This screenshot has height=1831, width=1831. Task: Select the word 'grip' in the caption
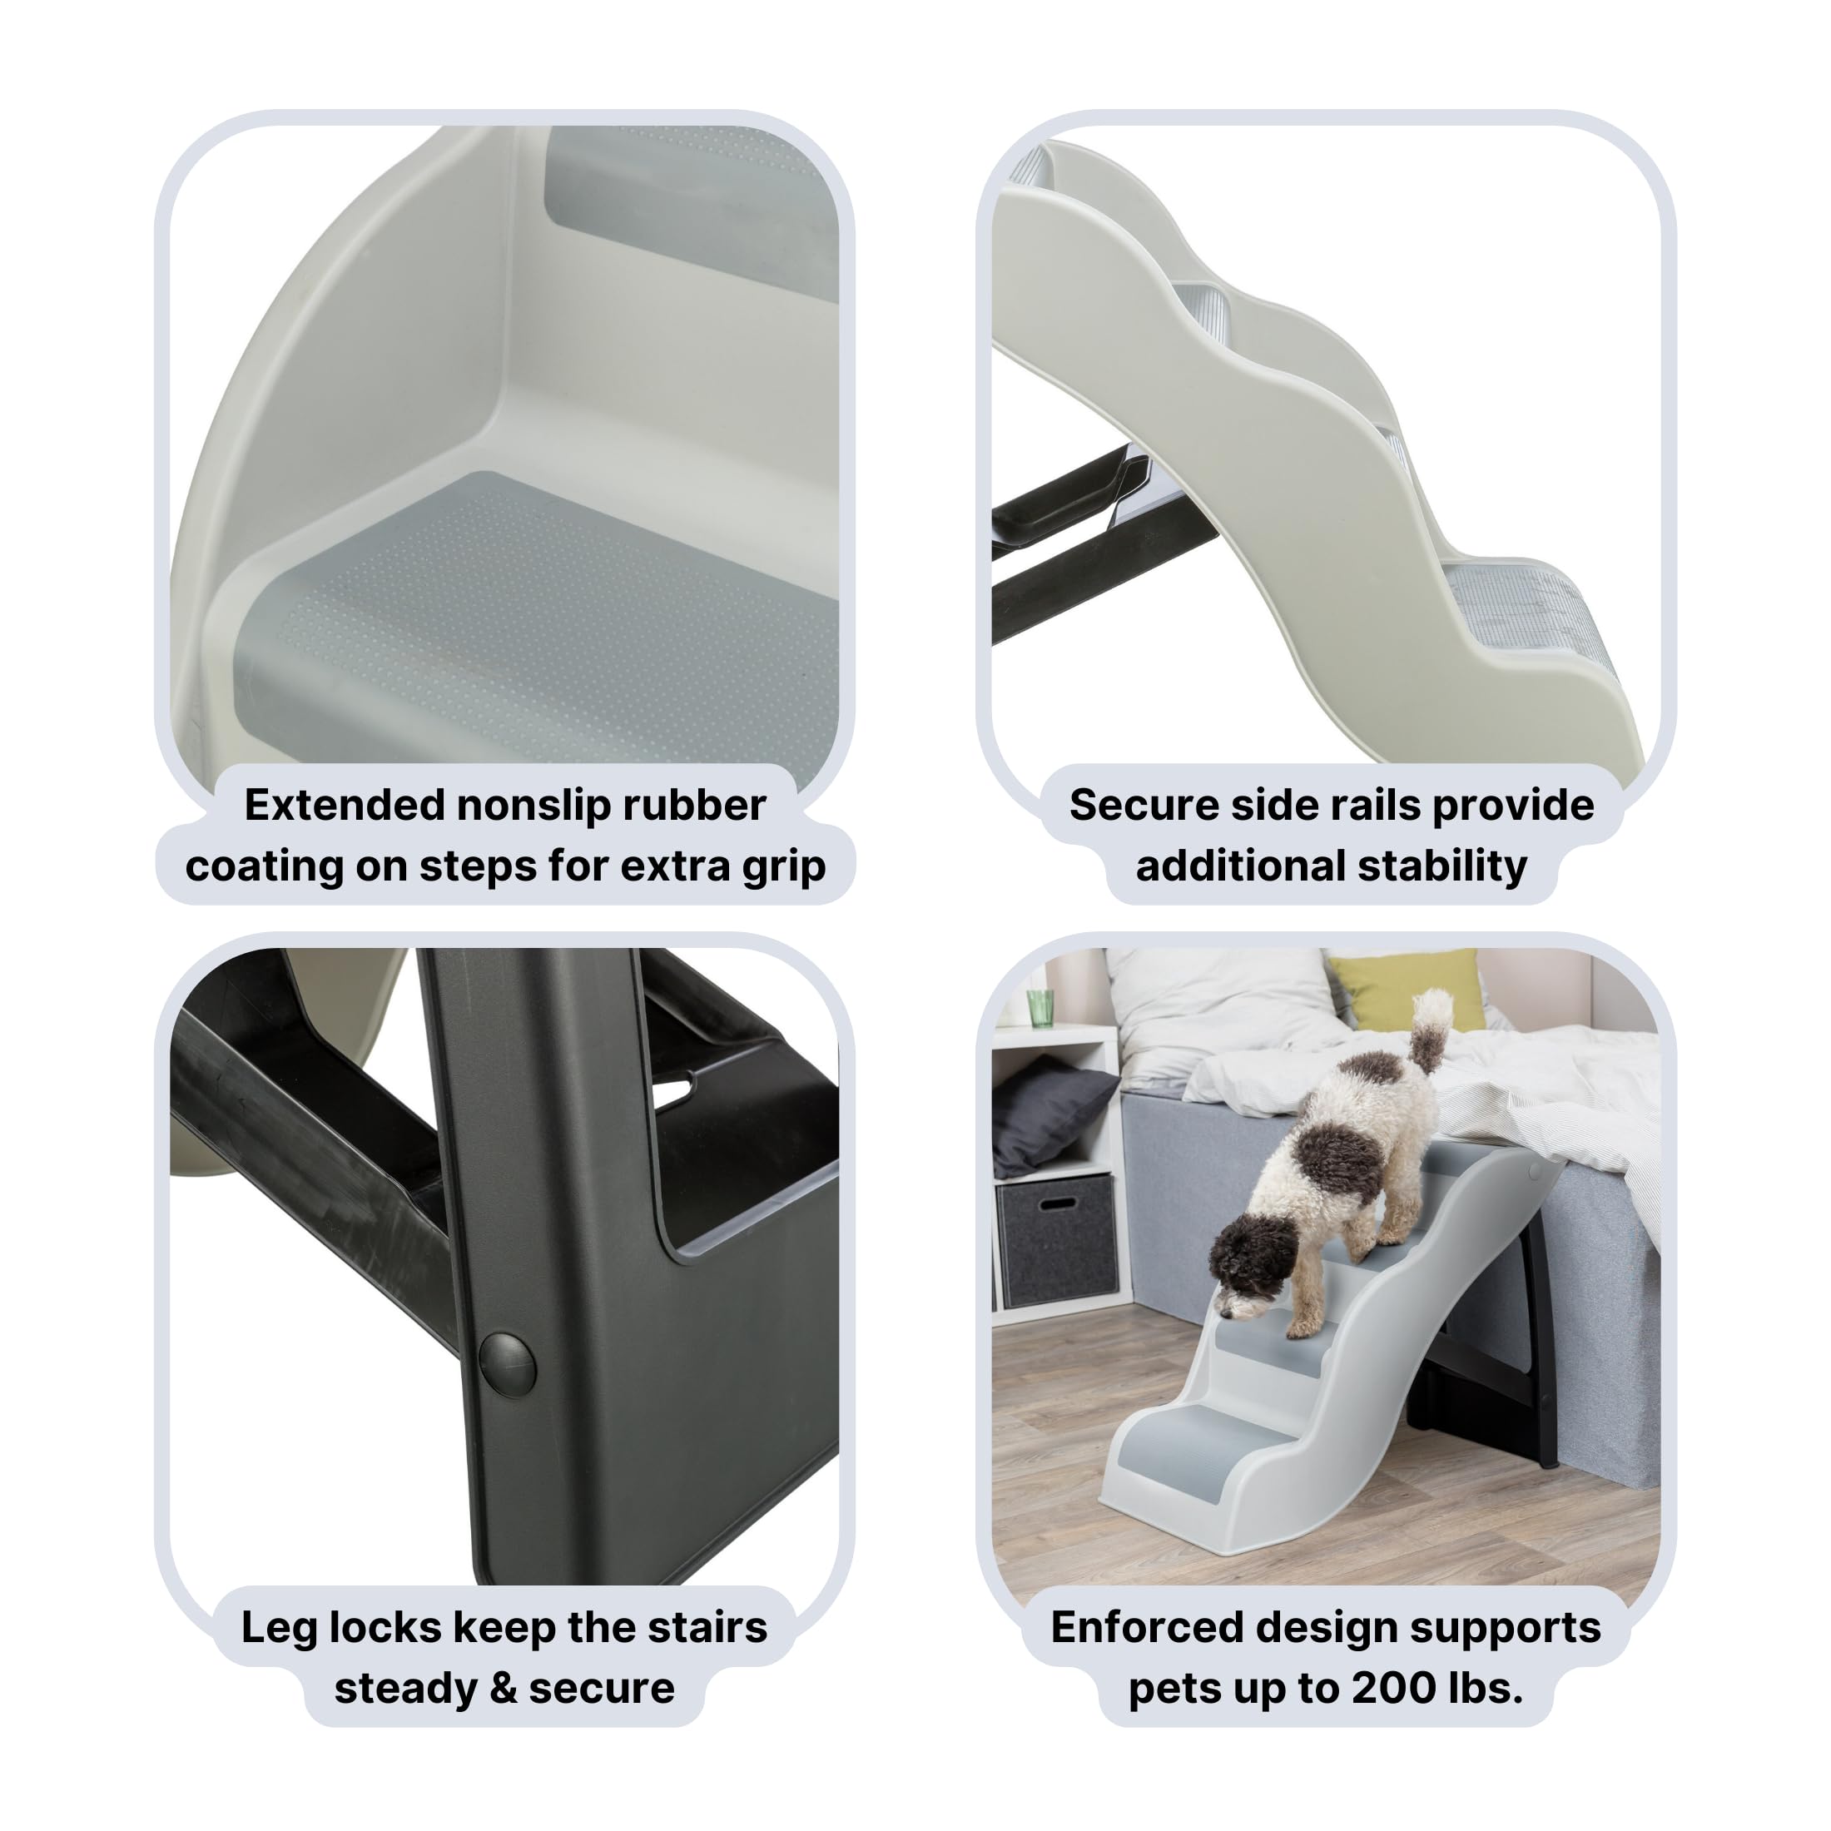pos(784,867)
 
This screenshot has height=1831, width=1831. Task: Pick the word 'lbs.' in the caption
pos(1484,1689)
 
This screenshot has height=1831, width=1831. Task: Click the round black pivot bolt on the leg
pos(507,1365)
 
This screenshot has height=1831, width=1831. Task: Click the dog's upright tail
pos(1429,1029)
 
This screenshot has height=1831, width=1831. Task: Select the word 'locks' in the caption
pos(385,1628)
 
